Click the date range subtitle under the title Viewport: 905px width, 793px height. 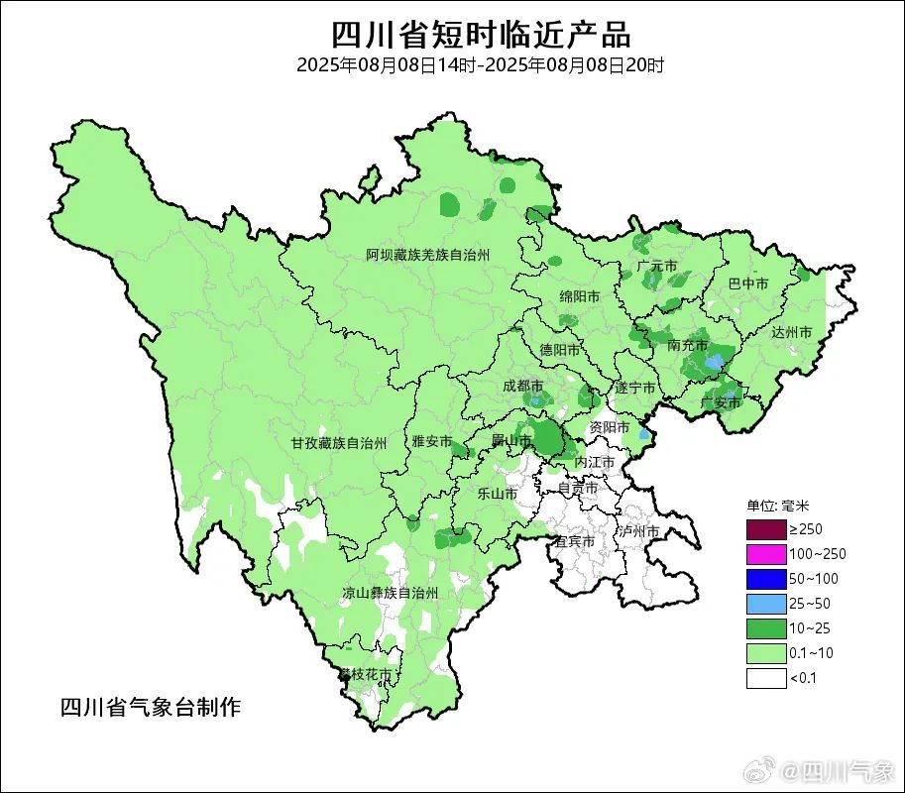click(480, 65)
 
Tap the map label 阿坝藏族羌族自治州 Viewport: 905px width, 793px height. click(427, 256)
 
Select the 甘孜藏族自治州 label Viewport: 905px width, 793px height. click(338, 442)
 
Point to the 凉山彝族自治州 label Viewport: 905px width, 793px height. click(390, 593)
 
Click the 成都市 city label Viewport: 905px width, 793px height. click(522, 386)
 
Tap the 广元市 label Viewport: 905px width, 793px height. click(657, 267)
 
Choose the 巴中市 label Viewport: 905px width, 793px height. click(748, 283)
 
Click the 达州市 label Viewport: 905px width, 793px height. click(792, 332)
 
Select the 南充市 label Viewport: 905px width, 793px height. click(688, 346)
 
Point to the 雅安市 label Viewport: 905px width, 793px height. click(432, 441)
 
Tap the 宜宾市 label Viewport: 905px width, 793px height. click(574, 541)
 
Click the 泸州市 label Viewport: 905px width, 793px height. click(639, 532)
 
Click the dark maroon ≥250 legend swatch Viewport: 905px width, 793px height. click(766, 529)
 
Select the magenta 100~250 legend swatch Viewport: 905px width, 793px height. click(766, 554)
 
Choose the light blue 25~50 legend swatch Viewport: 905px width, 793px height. click(766, 604)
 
